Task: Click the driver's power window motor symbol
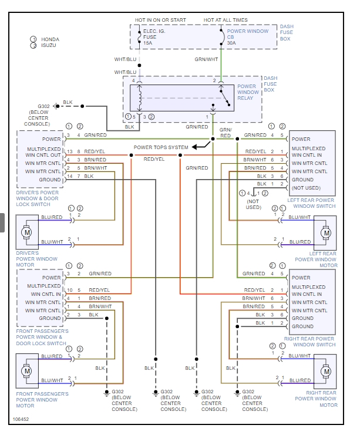[26, 233]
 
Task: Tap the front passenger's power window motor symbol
[26, 371]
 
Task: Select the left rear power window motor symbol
[325, 233]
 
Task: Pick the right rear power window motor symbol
[325, 371]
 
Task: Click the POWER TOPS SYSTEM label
[161, 147]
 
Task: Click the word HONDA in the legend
[51, 39]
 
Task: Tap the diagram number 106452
[21, 420]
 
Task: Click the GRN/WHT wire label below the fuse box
[206, 59]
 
